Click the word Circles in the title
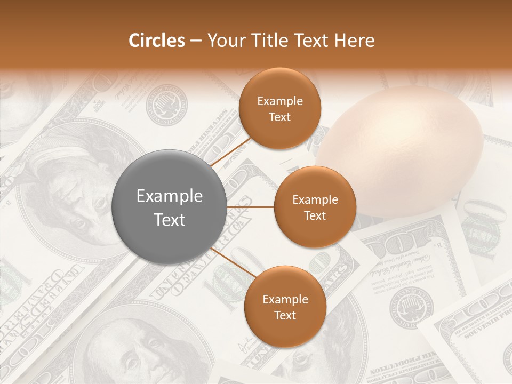point(156,41)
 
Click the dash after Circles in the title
point(195,41)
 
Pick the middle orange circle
point(315,207)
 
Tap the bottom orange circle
point(285,307)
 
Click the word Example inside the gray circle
point(170,196)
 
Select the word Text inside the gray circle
point(170,220)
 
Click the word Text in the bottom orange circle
point(285,315)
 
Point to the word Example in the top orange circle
point(279,101)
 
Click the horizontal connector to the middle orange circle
point(251,207)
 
